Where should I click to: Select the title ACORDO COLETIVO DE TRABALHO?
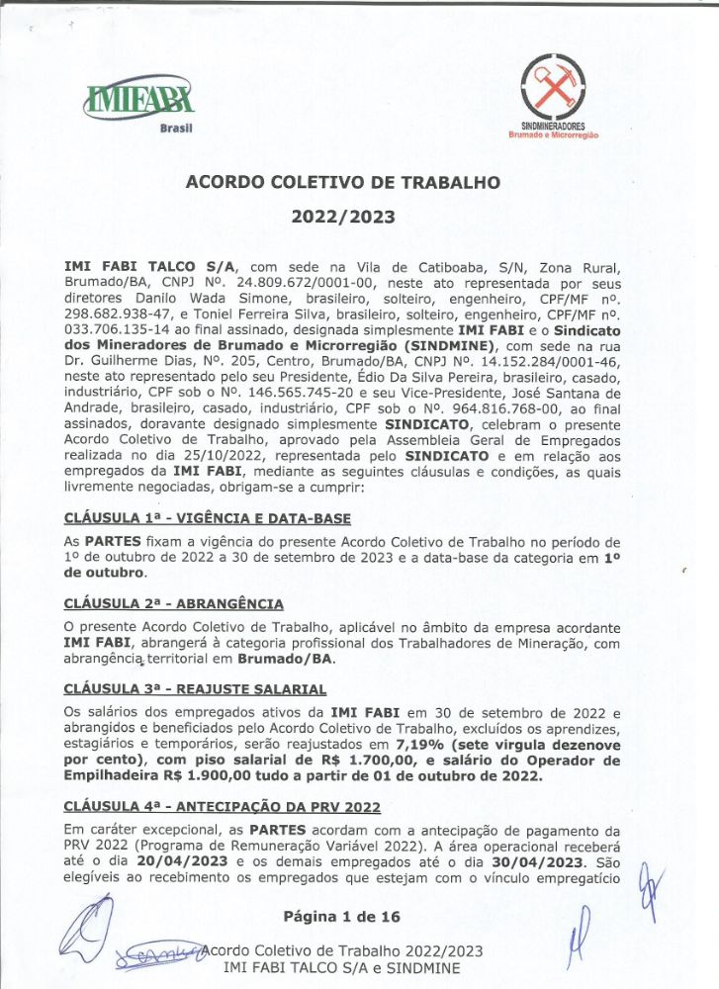coord(343,182)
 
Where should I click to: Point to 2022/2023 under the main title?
coord(343,217)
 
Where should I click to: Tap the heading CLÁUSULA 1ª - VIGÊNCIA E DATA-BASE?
coord(207,517)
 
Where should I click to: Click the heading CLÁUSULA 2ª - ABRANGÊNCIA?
coord(173,603)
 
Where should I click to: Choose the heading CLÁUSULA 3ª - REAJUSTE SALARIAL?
coord(195,688)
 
